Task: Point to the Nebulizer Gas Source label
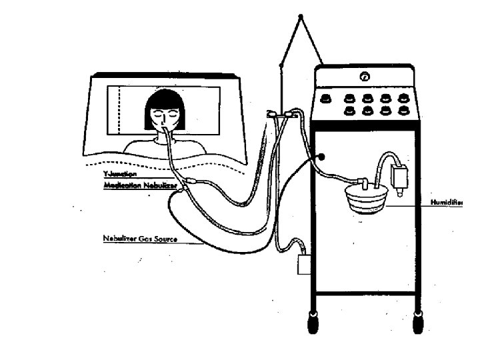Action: (x=140, y=238)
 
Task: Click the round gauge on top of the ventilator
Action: (x=364, y=77)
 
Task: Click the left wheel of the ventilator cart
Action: (x=312, y=323)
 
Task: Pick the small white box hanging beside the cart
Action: (x=303, y=265)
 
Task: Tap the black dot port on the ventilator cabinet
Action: (x=322, y=157)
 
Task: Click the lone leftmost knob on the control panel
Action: (x=327, y=98)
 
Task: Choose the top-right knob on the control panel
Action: (x=403, y=97)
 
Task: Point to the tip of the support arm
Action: (x=301, y=16)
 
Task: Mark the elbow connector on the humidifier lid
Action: (x=364, y=181)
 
